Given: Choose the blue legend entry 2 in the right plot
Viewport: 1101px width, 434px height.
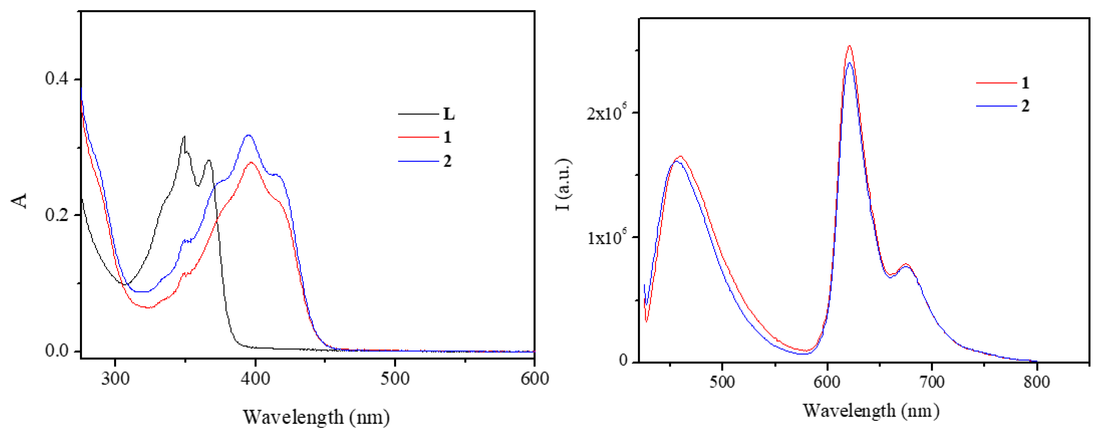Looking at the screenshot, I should [x=1025, y=106].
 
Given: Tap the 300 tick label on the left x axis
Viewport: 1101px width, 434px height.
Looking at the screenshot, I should [x=115, y=379].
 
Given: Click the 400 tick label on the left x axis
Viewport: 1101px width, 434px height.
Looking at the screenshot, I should [x=255, y=379].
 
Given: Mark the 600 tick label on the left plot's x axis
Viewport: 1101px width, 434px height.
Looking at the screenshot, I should [x=534, y=379].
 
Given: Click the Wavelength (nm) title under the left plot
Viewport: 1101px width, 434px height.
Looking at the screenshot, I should [x=316, y=417].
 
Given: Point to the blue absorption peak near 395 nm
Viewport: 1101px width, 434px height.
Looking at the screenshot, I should [x=248, y=135].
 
